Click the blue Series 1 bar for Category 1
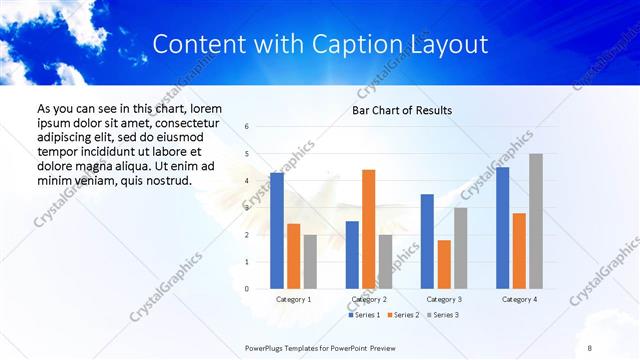[x=277, y=231]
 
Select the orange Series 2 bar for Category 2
[x=368, y=229]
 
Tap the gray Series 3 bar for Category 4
[x=536, y=221]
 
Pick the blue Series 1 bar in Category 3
[x=427, y=241]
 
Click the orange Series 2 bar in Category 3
[x=444, y=264]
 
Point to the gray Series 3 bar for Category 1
[x=310, y=261]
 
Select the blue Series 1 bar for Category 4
[x=502, y=228]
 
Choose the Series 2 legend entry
[x=402, y=315]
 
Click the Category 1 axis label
[x=293, y=299]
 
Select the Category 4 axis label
[x=519, y=299]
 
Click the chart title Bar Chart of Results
[x=402, y=110]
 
